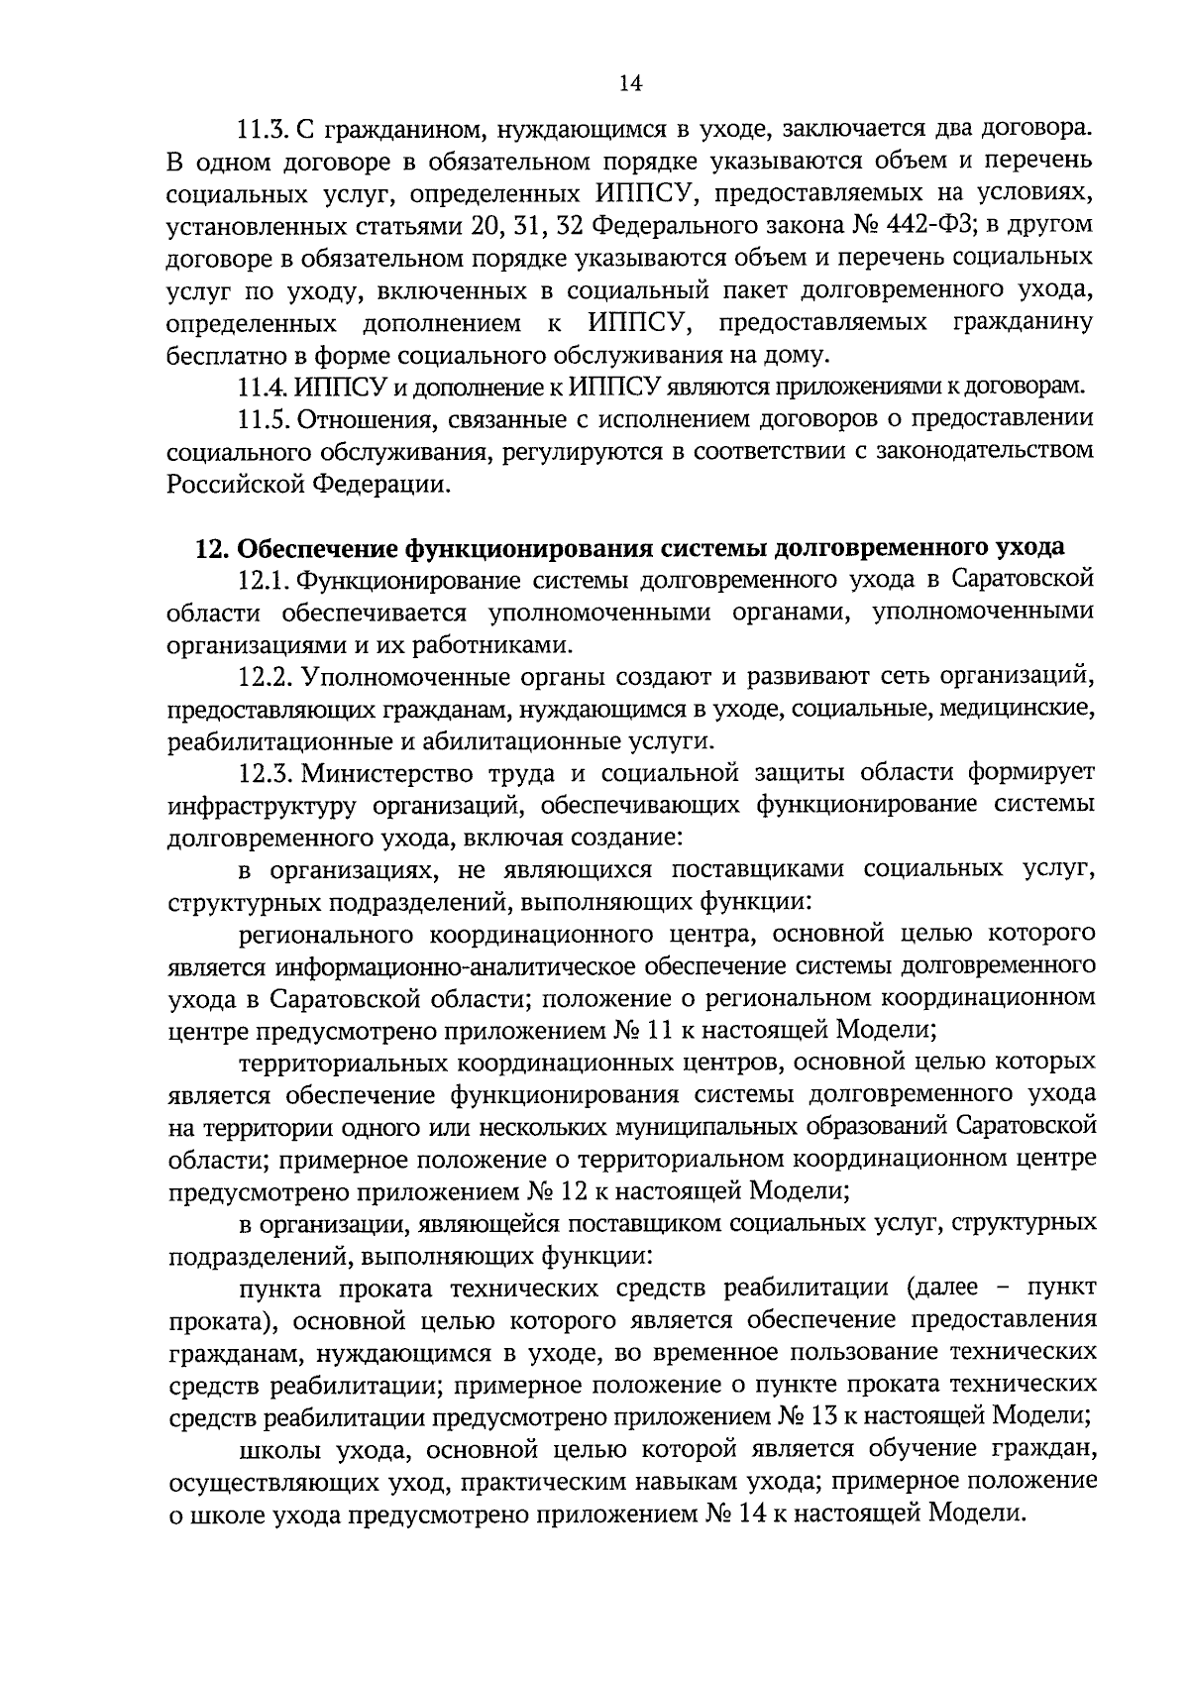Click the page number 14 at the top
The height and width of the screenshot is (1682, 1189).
point(631,84)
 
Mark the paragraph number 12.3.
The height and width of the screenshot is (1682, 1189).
point(267,773)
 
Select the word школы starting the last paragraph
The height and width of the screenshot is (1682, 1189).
point(279,1450)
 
